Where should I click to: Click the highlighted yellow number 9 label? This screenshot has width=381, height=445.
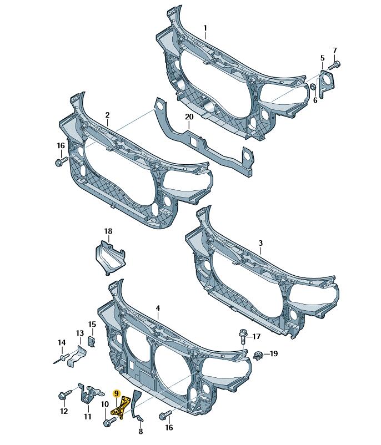(x=117, y=393)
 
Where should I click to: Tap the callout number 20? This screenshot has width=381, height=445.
(x=189, y=117)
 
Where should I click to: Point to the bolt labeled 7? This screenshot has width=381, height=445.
(x=335, y=65)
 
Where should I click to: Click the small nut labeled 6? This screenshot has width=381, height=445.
(x=312, y=86)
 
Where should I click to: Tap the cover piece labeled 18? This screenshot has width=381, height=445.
(x=109, y=257)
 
